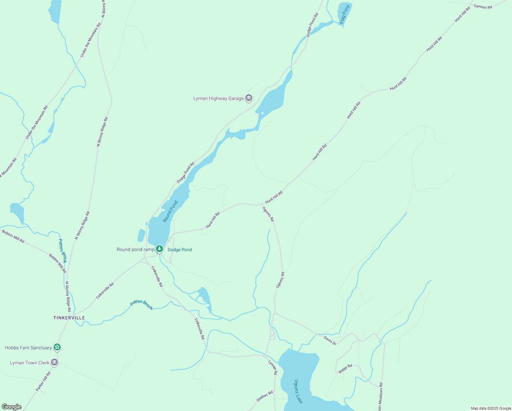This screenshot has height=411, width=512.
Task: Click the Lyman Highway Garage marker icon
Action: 249,98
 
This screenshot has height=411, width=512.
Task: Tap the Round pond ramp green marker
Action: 159,249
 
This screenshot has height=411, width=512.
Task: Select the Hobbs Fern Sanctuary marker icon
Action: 57,347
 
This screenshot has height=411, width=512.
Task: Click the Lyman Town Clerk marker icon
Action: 54,362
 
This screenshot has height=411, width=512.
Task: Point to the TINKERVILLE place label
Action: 69,318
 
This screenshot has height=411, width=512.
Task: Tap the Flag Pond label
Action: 345,14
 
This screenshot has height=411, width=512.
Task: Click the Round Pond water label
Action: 170,211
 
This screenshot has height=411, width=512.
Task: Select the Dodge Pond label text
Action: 180,250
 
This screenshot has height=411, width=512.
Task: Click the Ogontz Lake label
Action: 298,391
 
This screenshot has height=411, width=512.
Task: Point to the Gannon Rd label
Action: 483,7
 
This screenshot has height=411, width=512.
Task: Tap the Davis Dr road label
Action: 330,340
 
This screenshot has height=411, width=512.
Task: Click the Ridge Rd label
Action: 345,369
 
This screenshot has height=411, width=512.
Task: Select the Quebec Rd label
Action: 265,396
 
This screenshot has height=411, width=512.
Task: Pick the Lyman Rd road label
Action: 272,367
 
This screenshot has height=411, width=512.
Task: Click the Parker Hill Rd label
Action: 43,381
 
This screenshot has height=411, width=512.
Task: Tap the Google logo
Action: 12,407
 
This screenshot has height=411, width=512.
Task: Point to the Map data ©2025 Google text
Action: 490,408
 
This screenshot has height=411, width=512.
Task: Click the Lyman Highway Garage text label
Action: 218,98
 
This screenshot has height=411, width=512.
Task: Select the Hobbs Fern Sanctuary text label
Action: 28,348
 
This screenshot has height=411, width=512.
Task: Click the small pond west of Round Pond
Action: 141,235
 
